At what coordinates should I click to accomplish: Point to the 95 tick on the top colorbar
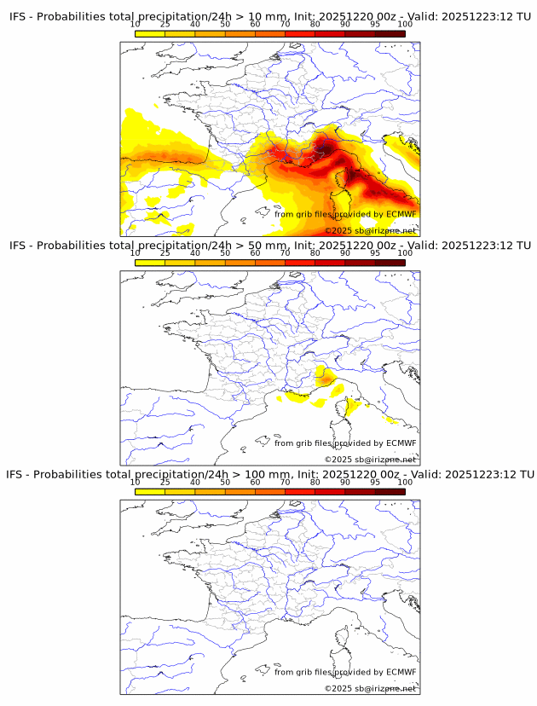click(375, 25)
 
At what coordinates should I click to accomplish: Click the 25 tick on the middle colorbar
click(165, 253)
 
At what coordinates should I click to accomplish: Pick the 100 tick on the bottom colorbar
click(405, 482)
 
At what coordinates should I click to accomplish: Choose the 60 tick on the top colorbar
click(255, 25)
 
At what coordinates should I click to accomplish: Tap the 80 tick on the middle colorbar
click(315, 253)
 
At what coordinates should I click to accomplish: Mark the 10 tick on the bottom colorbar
click(136, 482)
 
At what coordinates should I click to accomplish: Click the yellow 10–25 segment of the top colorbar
click(150, 33)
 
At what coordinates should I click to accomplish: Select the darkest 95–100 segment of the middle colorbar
click(390, 262)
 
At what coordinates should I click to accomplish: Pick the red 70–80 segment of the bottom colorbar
click(300, 490)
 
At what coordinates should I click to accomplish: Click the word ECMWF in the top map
click(401, 215)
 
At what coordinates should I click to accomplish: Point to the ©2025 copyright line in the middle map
click(370, 460)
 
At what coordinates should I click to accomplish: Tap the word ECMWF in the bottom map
click(401, 672)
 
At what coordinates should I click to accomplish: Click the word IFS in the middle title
click(18, 246)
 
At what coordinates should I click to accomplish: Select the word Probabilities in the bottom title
click(68, 474)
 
